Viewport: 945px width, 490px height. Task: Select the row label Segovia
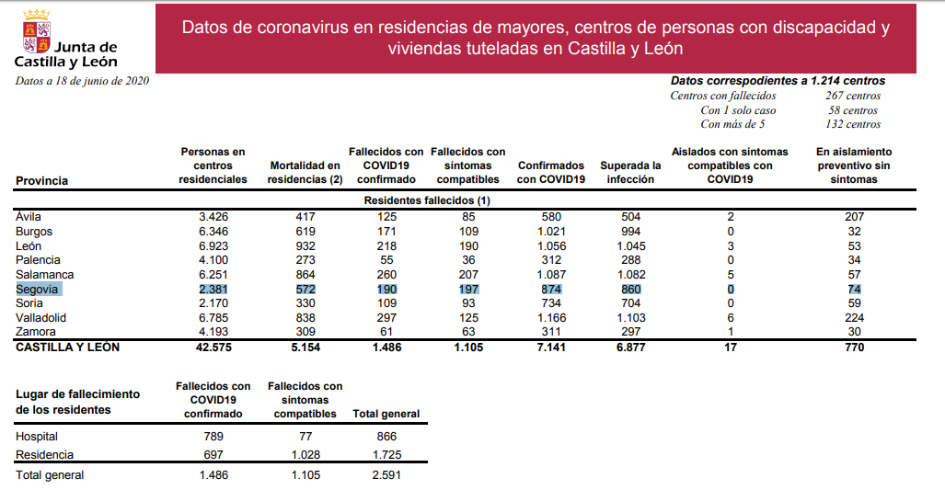37,289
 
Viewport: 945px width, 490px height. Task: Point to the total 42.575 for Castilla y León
213,348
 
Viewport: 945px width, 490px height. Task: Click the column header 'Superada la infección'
630,172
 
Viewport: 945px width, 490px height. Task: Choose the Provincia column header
42,181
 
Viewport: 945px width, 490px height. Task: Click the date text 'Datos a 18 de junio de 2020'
82,81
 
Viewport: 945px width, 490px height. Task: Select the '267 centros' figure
853,96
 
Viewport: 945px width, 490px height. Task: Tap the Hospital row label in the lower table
37,437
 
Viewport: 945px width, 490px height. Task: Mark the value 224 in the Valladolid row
852,317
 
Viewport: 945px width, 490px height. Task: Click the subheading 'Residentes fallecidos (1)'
427,199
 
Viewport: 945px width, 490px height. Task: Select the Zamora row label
36,332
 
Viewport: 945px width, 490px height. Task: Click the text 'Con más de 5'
732,124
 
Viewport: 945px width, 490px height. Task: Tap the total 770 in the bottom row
852,348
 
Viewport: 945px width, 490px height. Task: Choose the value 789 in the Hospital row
213,437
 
